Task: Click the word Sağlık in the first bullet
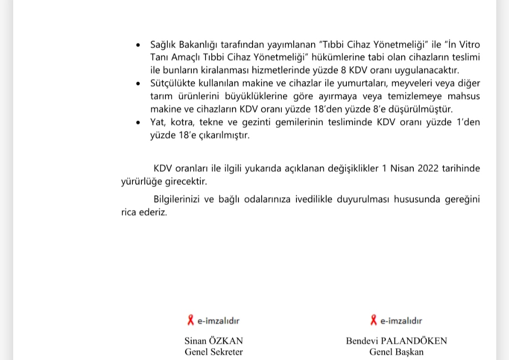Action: click(x=163, y=45)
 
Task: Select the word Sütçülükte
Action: click(x=173, y=83)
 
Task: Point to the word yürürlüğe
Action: click(x=140, y=181)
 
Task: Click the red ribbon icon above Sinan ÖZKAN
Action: click(x=191, y=320)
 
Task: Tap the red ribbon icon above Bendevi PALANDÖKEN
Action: click(x=374, y=320)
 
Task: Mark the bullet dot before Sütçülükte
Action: click(x=138, y=84)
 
